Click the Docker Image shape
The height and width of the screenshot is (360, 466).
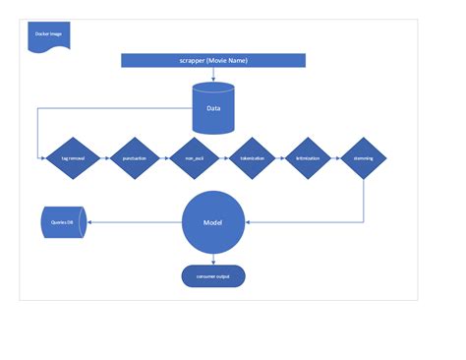(x=46, y=36)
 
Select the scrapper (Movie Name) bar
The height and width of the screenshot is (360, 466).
(x=212, y=61)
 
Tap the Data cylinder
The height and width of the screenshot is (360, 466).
(x=213, y=108)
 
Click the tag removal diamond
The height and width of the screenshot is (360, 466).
(x=74, y=157)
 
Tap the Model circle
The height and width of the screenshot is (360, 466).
(x=212, y=223)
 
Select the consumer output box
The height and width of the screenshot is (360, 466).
(x=212, y=275)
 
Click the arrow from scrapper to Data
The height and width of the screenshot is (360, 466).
(x=212, y=75)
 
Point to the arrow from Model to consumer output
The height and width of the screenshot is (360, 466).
(x=212, y=258)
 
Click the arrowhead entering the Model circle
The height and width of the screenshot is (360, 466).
(x=248, y=223)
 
